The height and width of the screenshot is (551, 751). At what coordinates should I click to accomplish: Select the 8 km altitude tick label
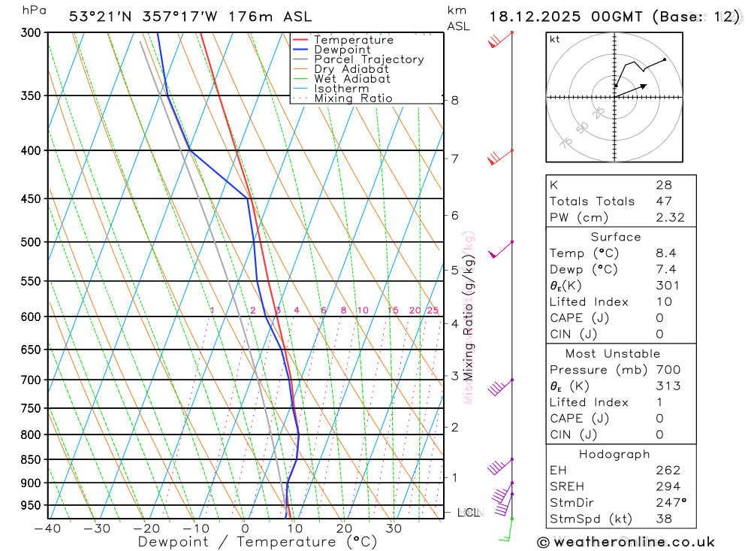click(x=455, y=100)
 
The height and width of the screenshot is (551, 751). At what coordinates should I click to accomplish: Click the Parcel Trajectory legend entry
click(x=369, y=59)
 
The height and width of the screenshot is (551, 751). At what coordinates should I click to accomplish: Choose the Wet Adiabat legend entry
click(x=352, y=79)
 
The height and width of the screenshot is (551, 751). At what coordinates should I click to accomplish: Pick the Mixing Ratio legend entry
click(x=353, y=98)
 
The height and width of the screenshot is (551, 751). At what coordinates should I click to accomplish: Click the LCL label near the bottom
click(x=468, y=513)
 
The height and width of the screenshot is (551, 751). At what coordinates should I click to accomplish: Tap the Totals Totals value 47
click(x=663, y=201)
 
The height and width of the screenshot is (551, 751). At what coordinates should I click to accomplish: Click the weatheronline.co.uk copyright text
click(x=626, y=542)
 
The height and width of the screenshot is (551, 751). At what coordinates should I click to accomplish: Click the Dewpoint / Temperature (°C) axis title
click(x=258, y=542)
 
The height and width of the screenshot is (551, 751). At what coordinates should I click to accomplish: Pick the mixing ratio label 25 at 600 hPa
click(x=433, y=310)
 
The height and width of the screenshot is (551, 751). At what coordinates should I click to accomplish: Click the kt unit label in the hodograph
click(x=555, y=39)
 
